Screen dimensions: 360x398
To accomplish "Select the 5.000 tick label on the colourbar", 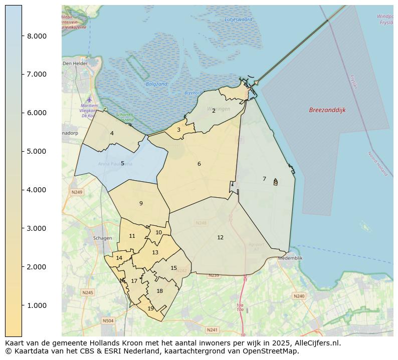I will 37,151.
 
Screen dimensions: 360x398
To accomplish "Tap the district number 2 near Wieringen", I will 214,111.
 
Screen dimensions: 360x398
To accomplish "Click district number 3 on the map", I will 178,130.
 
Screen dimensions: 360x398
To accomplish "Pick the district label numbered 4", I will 112,133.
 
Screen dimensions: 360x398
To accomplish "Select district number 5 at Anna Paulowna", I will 122,163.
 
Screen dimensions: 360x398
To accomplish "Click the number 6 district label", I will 199,164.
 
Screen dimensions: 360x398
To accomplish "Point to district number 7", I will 264,179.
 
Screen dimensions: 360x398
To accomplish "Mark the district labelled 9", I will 141,203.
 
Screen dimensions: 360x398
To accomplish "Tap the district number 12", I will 220,237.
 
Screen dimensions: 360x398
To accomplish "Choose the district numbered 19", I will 150,308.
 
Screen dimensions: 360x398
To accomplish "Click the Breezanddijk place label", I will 327,110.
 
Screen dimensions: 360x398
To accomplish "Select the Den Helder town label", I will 75,64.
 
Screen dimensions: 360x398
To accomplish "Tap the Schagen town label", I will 102,238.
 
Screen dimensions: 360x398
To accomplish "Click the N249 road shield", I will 77,192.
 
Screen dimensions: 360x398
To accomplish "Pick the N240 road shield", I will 299,296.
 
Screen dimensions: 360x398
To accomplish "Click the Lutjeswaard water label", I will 239,20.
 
